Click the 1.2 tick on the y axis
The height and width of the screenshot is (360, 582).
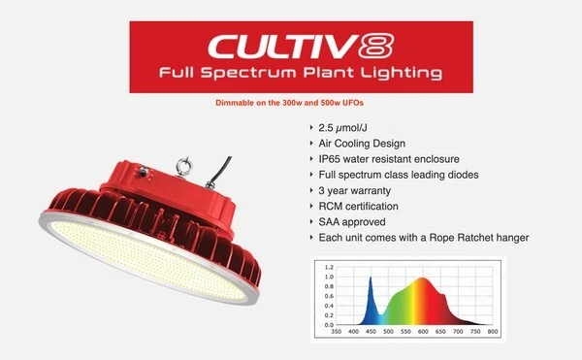click(x=329, y=266)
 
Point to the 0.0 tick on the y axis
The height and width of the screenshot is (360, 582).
click(x=329, y=324)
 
